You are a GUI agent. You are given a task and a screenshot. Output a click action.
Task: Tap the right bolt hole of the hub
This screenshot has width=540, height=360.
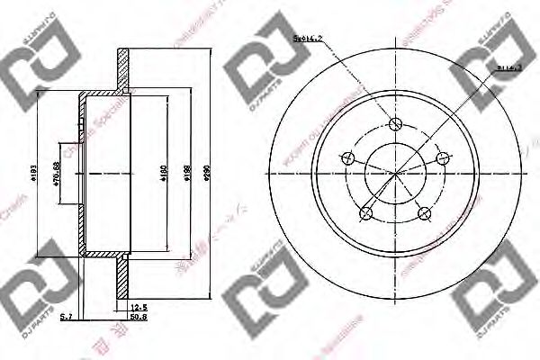point(442,159)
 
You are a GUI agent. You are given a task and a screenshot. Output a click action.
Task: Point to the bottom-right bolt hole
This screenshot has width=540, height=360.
point(424,213)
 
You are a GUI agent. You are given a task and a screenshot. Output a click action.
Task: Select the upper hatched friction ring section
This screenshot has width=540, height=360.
point(123,67)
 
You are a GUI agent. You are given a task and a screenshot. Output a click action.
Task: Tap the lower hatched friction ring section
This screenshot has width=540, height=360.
point(123,274)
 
